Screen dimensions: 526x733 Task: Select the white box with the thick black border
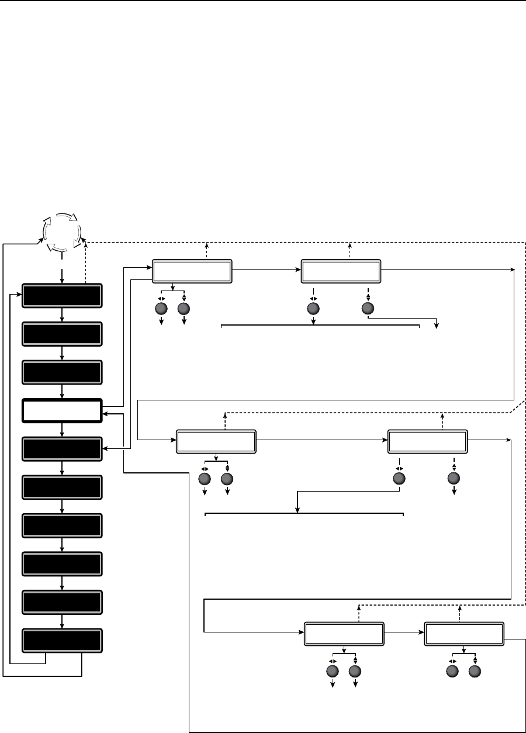pyautogui.click(x=62, y=410)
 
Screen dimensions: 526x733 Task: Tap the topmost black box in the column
pyautogui.click(x=62, y=296)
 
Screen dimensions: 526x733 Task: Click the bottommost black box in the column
pyautogui.click(x=62, y=641)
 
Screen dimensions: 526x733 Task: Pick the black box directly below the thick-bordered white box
pyautogui.click(x=62, y=448)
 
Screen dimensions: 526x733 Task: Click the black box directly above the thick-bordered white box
pyautogui.click(x=62, y=372)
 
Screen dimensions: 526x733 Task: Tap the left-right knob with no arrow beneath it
pyautogui.click(x=452, y=670)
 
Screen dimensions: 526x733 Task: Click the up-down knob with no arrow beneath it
pyautogui.click(x=475, y=670)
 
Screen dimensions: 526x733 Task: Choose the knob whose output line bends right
pyautogui.click(x=368, y=309)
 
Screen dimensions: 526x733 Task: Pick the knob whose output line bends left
pyautogui.click(x=399, y=479)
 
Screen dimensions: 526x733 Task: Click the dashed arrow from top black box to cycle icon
pyautogui.click(x=86, y=263)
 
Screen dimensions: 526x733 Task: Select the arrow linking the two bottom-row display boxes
pyautogui.click(x=404, y=633)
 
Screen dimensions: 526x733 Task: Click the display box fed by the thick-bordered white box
pyautogui.click(x=192, y=272)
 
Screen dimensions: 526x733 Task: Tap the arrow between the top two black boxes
pyautogui.click(x=62, y=315)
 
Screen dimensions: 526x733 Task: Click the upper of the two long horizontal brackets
pyautogui.click(x=320, y=326)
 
